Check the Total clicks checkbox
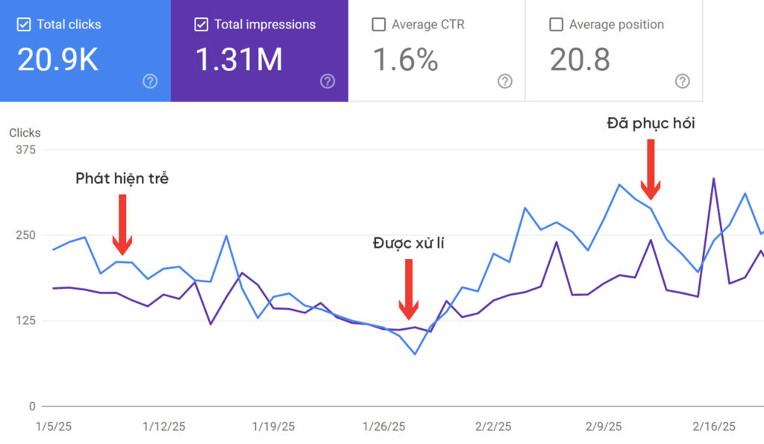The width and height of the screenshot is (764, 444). (x=24, y=25)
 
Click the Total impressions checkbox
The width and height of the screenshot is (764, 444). (x=201, y=25)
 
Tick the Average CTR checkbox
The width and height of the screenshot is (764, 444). (x=378, y=25)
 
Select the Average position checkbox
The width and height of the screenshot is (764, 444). (x=556, y=25)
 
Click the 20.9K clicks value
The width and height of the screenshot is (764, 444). (x=57, y=60)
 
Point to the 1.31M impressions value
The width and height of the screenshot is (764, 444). (x=239, y=60)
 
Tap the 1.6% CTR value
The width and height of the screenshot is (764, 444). (x=404, y=60)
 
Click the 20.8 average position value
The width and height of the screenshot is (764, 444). (x=580, y=60)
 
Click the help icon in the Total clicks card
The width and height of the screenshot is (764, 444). (x=150, y=81)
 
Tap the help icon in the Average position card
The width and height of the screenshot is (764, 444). (x=682, y=81)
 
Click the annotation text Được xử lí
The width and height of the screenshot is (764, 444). (x=408, y=243)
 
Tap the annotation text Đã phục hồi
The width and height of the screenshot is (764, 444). (x=651, y=123)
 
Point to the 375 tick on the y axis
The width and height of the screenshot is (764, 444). (x=25, y=149)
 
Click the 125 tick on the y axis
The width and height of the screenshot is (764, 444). (x=25, y=321)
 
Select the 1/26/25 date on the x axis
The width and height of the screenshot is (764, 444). (x=383, y=427)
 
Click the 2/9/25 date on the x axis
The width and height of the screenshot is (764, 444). (x=604, y=427)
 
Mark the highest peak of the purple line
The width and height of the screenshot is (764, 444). (x=714, y=178)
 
